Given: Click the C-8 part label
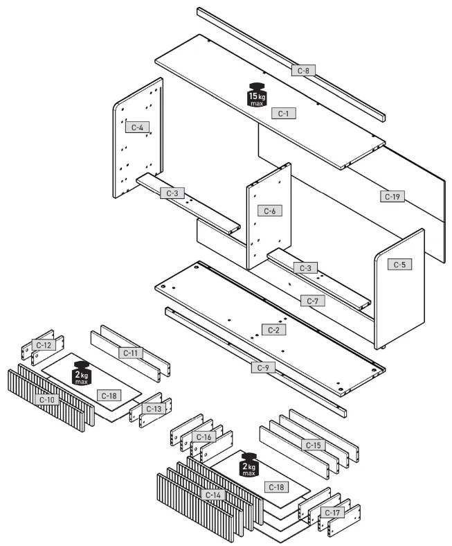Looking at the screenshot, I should tap(303, 70).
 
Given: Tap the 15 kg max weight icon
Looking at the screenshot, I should tap(256, 96).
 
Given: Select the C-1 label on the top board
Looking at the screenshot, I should tap(283, 113).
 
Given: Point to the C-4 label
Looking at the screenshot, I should tap(136, 127).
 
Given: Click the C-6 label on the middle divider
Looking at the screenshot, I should tap(269, 211).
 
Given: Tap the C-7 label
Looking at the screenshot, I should tap(311, 301).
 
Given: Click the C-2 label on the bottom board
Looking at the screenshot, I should tap(273, 329).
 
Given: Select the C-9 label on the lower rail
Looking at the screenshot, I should tap(262, 367).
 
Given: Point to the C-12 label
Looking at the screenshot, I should tap(44, 345).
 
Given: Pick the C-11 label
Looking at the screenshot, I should tap(130, 353).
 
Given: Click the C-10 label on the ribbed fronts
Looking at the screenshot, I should tap(47, 400).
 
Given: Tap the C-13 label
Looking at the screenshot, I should tap(152, 409).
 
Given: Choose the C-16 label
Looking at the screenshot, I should tap(204, 437).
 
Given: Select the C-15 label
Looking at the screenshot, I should tap(312, 444).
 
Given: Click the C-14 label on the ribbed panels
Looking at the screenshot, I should tap(213, 495).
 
